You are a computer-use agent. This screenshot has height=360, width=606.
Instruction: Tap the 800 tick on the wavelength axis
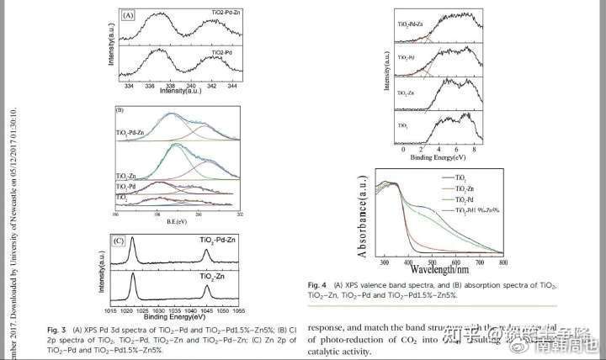coord(502,262)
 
